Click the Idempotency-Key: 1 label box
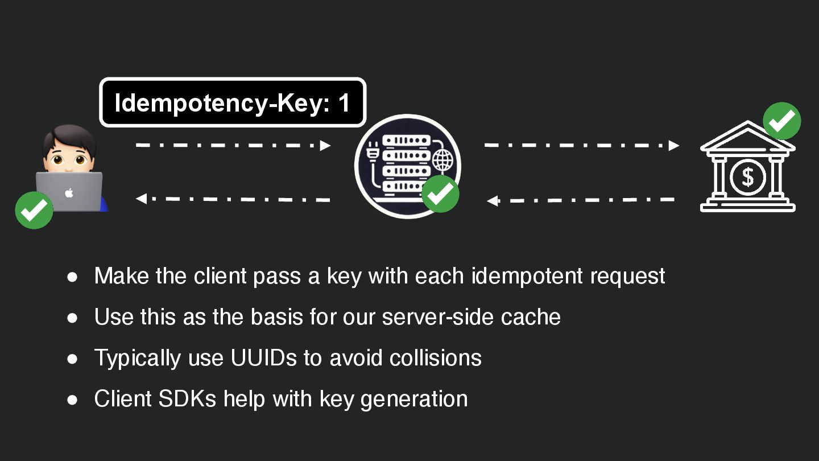pos(233,102)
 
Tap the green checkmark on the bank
pos(781,121)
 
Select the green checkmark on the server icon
pos(440,194)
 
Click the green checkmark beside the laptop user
pos(34,210)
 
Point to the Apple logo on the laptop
pos(69,193)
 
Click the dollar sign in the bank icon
pos(747,177)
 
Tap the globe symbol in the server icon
pos(443,160)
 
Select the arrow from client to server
pos(233,145)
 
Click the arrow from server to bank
pos(581,145)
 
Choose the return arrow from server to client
pos(233,199)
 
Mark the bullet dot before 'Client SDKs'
pos(72,400)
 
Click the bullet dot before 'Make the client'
pos(72,277)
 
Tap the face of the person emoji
pos(69,155)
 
